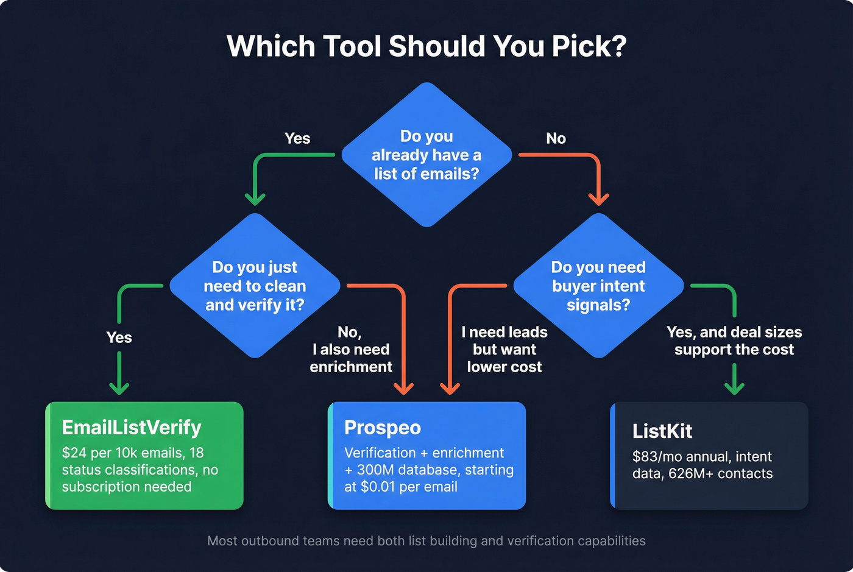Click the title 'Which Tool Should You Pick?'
(426, 46)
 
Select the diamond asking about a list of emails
(426, 155)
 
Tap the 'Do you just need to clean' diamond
(255, 286)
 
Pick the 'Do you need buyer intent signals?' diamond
(598, 286)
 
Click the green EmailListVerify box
(144, 456)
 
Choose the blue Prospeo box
(426, 456)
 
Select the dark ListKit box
(709, 456)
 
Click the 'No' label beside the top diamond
(556, 139)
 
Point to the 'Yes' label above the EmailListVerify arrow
(119, 337)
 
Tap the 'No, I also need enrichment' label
(351, 349)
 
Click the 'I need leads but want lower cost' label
(504, 349)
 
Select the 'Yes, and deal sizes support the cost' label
(734, 341)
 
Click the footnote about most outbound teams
(426, 541)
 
